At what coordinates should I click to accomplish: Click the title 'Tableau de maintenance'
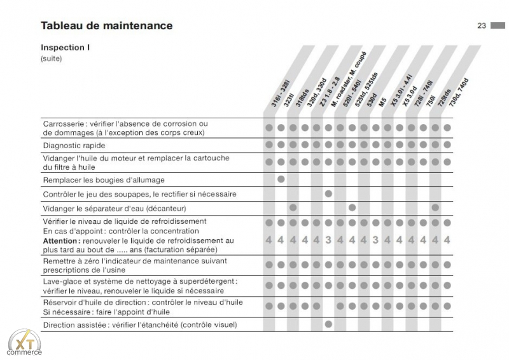point(106,25)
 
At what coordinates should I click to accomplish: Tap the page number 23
point(482,25)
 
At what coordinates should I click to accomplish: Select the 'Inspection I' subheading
point(66,48)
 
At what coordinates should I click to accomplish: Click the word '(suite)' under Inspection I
point(52,59)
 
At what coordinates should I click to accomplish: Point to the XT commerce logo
point(25,343)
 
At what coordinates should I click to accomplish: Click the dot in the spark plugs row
point(281,179)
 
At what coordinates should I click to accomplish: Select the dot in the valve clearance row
point(328,193)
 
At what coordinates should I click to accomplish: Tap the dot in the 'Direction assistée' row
point(328,324)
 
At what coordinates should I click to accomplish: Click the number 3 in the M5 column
point(375,240)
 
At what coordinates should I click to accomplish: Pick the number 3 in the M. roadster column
point(328,240)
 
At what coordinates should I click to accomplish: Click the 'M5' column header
point(382,102)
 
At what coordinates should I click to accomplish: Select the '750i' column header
point(431,100)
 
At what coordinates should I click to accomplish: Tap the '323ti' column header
point(289,100)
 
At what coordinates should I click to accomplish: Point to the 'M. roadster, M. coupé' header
point(348,80)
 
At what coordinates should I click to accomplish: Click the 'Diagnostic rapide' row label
point(74,146)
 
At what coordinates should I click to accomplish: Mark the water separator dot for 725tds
point(435,207)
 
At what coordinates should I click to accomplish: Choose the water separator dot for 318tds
point(293,207)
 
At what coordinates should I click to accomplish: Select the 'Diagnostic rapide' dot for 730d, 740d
point(447,144)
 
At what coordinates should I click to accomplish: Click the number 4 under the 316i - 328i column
point(268,240)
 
